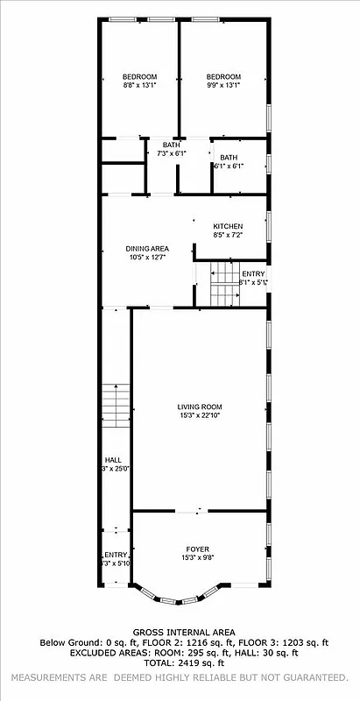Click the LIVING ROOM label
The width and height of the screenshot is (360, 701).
[x=200, y=407]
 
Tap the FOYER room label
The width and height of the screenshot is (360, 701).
[x=197, y=549]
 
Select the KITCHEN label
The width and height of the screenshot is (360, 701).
[x=227, y=226]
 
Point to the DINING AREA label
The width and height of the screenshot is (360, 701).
[x=147, y=249]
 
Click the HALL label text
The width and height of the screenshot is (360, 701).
[x=113, y=459]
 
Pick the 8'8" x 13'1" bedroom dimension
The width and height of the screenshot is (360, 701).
[x=138, y=86]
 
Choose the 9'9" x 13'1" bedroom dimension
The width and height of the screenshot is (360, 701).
[x=223, y=86]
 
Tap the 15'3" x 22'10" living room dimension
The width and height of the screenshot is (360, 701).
[x=200, y=415]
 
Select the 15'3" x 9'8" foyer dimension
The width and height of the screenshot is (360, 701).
[x=197, y=558]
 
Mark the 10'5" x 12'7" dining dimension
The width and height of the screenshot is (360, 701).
[x=147, y=258]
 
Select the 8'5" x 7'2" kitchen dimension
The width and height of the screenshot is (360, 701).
[x=227, y=235]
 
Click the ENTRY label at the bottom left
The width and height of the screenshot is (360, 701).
[x=116, y=554]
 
